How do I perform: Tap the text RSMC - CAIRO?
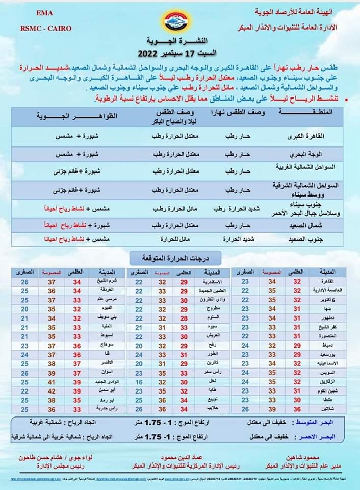[x=46, y=28]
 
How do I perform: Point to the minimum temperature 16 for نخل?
[x=139, y=382]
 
